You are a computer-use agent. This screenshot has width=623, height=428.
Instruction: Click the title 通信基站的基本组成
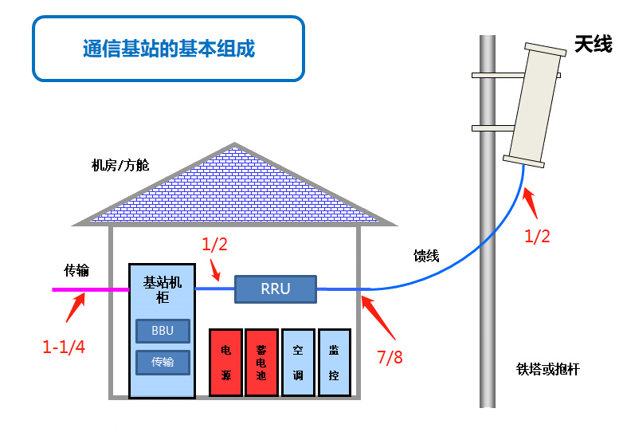[168, 48]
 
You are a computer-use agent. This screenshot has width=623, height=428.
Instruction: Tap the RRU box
[275, 289]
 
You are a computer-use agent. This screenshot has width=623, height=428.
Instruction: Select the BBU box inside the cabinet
[163, 331]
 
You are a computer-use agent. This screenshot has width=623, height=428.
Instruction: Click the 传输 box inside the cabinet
[163, 363]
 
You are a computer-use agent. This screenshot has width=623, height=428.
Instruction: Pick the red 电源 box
[225, 363]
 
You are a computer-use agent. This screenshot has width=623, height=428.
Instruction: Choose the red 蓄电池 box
[261, 363]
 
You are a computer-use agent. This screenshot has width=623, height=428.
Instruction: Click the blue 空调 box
[298, 363]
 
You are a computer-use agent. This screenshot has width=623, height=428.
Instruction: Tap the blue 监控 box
[334, 363]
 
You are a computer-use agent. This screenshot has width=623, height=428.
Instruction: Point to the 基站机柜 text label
[163, 289]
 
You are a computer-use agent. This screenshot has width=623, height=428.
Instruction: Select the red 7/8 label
[389, 356]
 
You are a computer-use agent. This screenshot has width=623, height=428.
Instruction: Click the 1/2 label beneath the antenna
[537, 236]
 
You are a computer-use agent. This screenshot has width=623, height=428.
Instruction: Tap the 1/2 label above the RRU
[214, 245]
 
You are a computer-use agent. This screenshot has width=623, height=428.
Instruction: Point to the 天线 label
[593, 44]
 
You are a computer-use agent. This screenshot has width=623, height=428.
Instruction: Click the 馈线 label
[426, 256]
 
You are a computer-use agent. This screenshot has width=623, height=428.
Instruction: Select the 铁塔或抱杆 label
[548, 369]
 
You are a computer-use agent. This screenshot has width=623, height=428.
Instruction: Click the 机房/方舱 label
[120, 166]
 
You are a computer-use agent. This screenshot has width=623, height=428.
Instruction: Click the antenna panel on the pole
[535, 104]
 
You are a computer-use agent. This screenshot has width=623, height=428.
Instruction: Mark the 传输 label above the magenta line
[77, 270]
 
